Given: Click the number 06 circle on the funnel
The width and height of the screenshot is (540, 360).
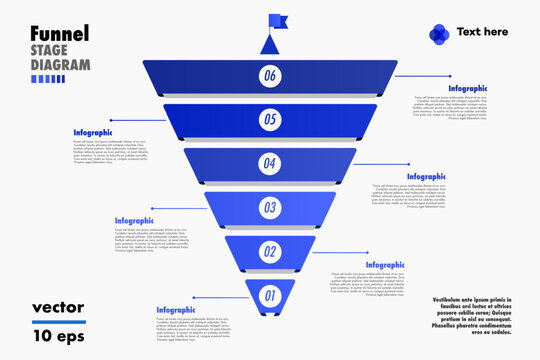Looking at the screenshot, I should pyautogui.click(x=269, y=75).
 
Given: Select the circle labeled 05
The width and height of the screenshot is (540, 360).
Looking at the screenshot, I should pyautogui.click(x=269, y=119).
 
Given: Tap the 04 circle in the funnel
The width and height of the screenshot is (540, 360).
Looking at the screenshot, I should pyautogui.click(x=269, y=163).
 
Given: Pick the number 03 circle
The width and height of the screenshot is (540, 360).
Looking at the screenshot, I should pyautogui.click(x=269, y=208).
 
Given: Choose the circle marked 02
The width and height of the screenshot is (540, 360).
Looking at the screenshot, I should pyautogui.click(x=269, y=252).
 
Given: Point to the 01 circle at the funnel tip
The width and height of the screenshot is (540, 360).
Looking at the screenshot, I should pyautogui.click(x=269, y=295).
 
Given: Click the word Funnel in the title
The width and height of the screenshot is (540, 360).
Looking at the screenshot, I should pyautogui.click(x=59, y=33).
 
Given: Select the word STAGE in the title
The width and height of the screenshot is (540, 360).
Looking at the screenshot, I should pyautogui.click(x=51, y=50).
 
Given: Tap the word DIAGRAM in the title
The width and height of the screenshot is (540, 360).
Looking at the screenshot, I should pyautogui.click(x=60, y=65).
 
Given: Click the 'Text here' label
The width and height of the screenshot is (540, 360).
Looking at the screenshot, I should pyautogui.click(x=482, y=32).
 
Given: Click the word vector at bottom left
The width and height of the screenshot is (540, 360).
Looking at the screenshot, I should pyautogui.click(x=58, y=307).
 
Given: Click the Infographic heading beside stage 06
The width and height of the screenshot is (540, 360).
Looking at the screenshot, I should pyautogui.click(x=467, y=89).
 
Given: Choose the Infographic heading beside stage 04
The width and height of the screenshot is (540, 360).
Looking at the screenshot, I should pyautogui.click(x=426, y=177).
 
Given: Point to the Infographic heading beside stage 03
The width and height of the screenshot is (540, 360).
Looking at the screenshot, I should pyautogui.click(x=134, y=220).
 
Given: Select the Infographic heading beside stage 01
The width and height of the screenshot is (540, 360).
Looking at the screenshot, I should pyautogui.click(x=176, y=310).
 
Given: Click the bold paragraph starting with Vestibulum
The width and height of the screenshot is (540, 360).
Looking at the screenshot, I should pyautogui.click(x=465, y=316).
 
